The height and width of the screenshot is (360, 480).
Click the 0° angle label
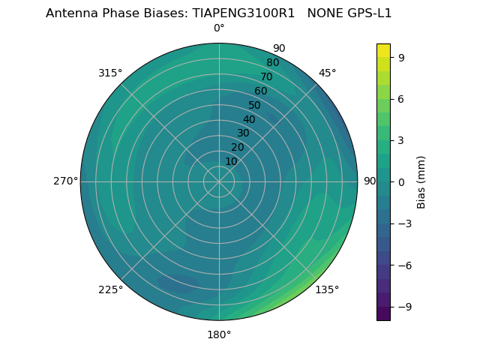coord(219,28)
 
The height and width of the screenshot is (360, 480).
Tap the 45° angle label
coord(328,73)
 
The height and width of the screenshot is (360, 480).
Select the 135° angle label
coord(327,289)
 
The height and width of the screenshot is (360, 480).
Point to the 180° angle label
coord(219,334)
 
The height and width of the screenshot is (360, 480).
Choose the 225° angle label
coord(110,289)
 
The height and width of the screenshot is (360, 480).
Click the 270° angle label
coord(65,181)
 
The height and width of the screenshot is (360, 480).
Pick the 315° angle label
coord(110,73)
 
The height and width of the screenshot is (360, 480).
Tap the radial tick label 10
coord(231,161)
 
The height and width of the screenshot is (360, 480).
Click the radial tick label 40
coord(249,119)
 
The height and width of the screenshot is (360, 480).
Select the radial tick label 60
coord(260,91)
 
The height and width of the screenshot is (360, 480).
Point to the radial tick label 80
coord(272,62)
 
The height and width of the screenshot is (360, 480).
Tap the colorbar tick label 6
coord(402,98)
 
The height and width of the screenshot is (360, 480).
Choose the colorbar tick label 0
coord(402,181)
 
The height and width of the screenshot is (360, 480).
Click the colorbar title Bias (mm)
coord(421,181)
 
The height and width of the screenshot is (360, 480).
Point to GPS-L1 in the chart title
coord(367,13)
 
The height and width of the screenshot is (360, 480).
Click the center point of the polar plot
coord(219,181)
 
